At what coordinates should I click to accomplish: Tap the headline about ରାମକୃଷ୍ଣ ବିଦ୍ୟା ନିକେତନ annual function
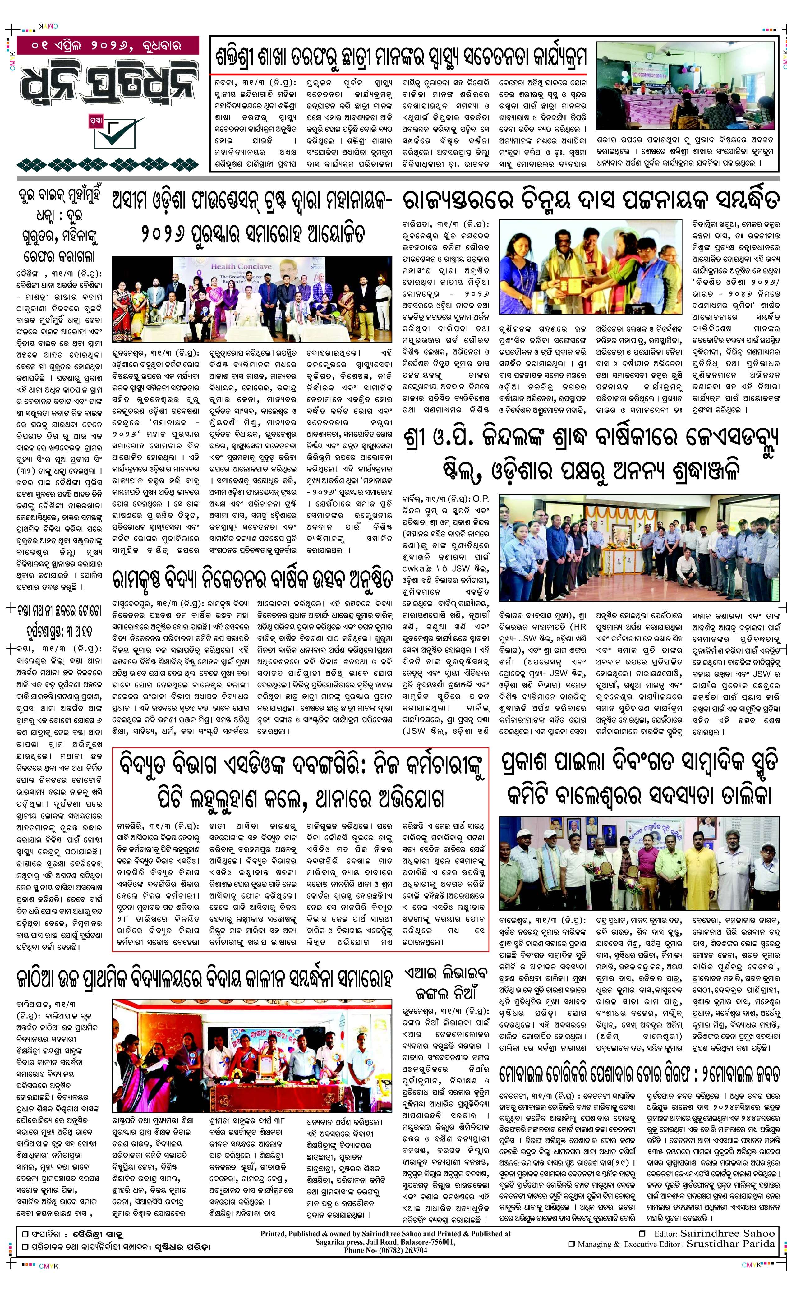click(x=252, y=579)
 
